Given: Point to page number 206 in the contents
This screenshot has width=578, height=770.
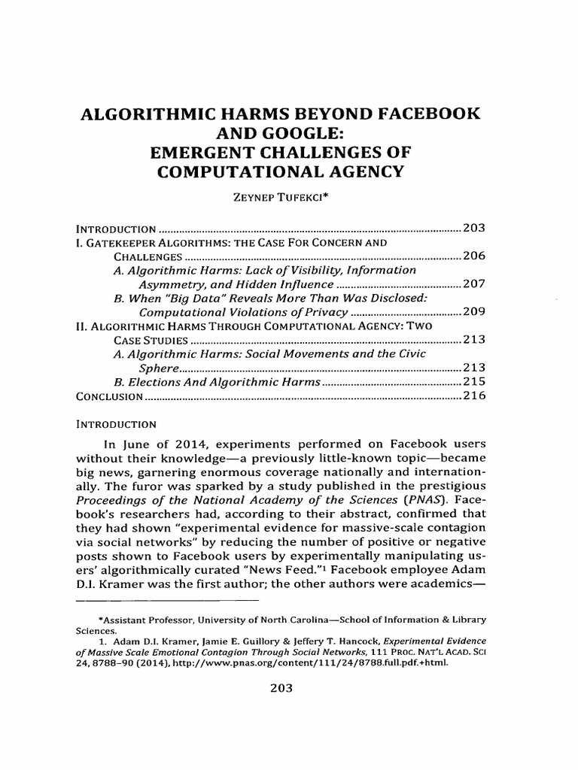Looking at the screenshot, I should pos(475,256).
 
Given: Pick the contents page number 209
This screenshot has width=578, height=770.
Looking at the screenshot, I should pos(475,312).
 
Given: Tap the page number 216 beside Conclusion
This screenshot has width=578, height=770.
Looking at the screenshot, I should pos(475,396).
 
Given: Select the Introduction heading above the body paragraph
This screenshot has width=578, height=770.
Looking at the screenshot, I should pos(116,423).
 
